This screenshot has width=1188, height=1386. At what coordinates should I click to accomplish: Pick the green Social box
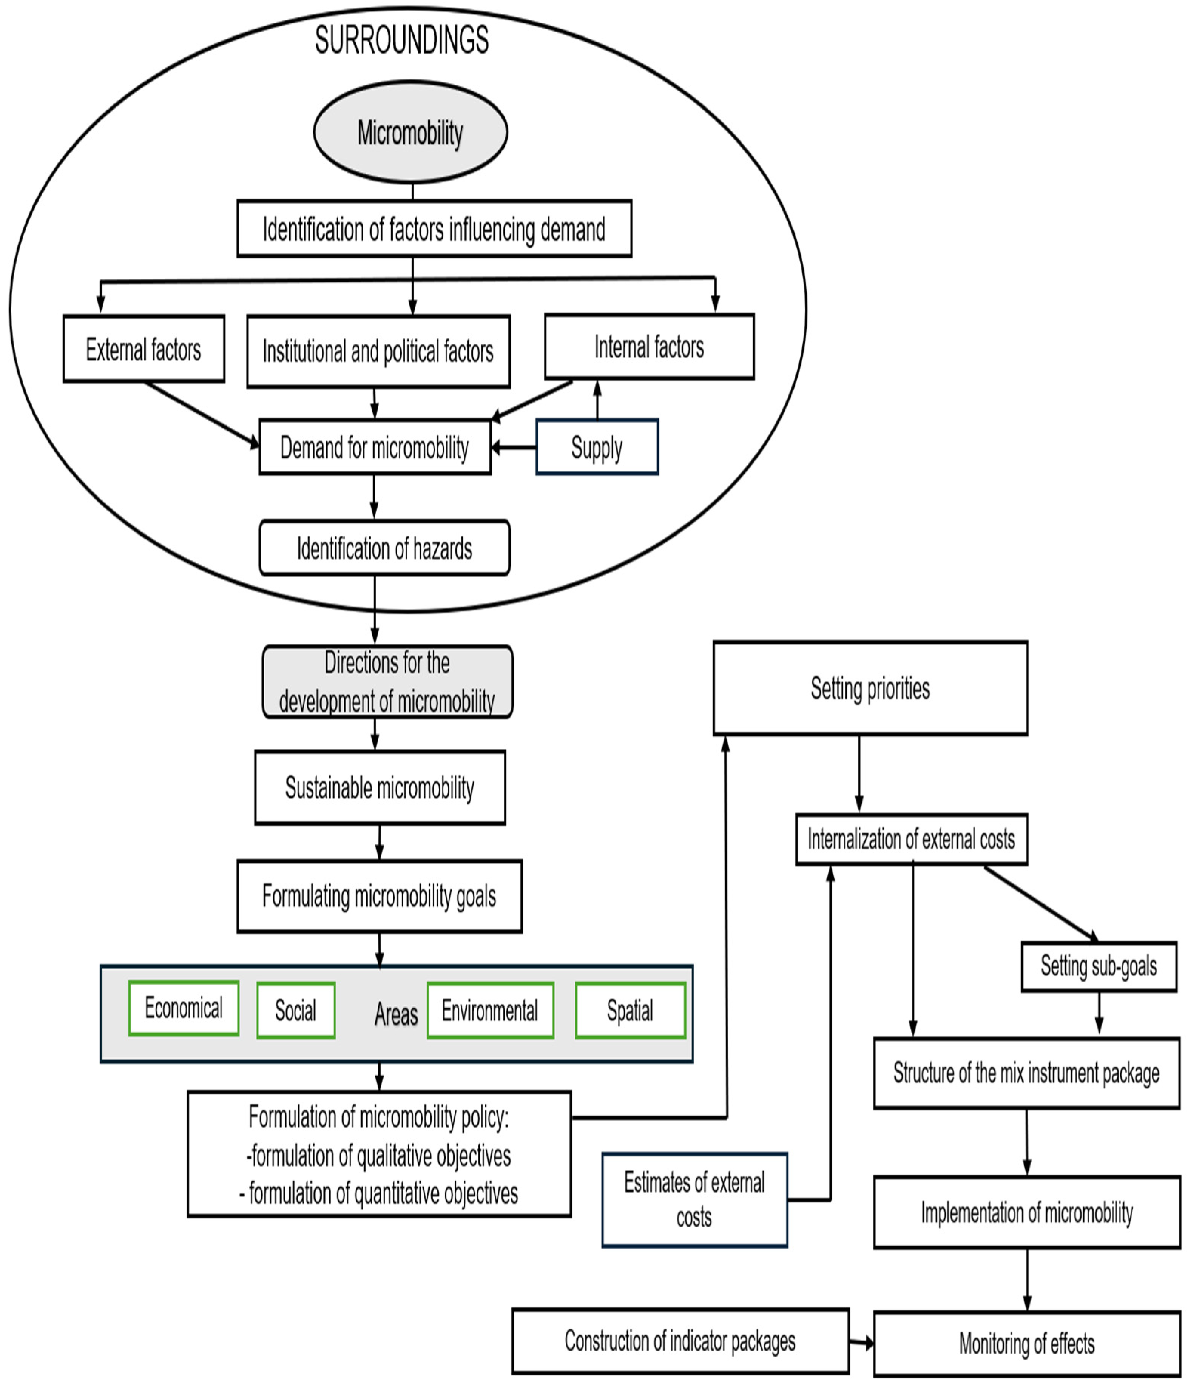(x=296, y=1010)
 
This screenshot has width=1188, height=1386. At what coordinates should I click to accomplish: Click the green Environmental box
(x=490, y=1010)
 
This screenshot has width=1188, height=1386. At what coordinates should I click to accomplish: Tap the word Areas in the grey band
(x=396, y=1014)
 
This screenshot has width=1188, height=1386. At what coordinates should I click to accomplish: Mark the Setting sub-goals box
(x=1099, y=966)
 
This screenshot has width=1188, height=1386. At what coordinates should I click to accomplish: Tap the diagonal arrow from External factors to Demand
(x=201, y=414)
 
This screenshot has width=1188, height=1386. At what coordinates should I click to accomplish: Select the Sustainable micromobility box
(x=379, y=787)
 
